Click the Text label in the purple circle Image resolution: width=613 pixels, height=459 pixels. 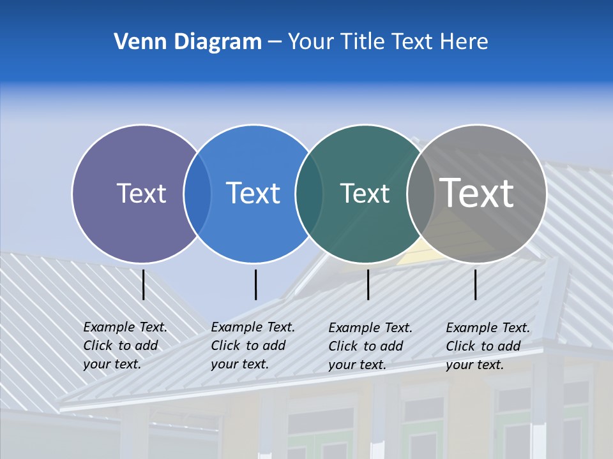coord(141,193)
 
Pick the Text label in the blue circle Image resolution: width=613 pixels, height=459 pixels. coord(253,193)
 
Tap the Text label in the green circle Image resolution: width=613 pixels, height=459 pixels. coord(365,193)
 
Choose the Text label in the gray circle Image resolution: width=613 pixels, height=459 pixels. coord(476,193)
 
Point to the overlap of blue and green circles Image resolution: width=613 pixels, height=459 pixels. coord(309,193)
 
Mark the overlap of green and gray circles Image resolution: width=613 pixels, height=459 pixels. coord(420,193)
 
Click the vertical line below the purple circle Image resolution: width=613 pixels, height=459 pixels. coord(144,284)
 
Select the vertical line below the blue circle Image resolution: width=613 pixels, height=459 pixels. coord(255,284)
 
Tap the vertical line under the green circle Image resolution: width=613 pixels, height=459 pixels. coord(368,284)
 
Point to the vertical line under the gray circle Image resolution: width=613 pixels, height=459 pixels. coord(475,284)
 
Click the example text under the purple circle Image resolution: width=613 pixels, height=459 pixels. coord(125,346)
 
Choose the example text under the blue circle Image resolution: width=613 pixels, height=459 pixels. coord(252,346)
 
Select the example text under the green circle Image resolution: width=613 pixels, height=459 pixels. coord(370,346)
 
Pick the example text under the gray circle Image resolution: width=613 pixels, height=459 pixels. coord(487,346)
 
